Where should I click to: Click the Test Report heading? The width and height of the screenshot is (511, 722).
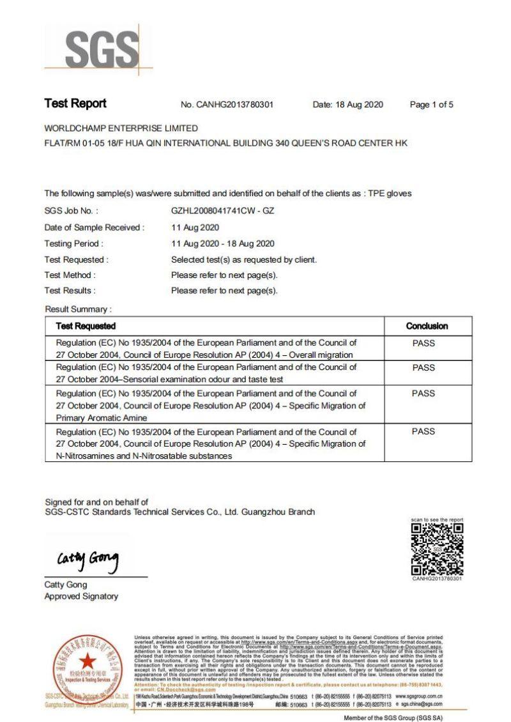click(75, 104)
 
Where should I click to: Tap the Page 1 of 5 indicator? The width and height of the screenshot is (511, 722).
click(431, 105)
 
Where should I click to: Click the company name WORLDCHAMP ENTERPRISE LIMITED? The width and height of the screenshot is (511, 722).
click(121, 128)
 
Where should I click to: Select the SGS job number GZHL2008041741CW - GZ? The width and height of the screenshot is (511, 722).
click(222, 210)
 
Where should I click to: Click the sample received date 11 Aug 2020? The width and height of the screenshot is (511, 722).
click(195, 227)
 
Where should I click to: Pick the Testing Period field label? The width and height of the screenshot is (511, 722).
click(73, 243)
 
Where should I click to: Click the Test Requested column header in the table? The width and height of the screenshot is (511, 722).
click(86, 326)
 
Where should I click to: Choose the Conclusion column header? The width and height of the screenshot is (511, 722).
click(427, 326)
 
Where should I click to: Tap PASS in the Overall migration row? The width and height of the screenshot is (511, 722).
click(423, 343)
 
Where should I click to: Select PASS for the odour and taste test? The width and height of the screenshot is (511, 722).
click(423, 367)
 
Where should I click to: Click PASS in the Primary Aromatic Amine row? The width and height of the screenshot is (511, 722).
click(423, 394)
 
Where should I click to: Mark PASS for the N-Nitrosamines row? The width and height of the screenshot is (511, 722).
click(423, 432)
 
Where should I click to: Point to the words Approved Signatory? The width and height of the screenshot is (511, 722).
click(81, 596)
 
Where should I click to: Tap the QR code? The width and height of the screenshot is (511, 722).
click(437, 549)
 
